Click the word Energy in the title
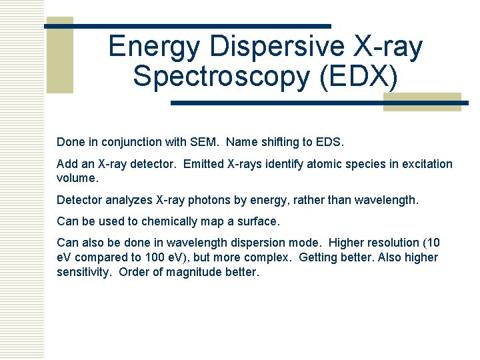click(154, 47)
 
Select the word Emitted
click(206, 164)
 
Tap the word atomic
click(323, 164)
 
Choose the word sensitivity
click(83, 272)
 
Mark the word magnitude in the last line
click(199, 272)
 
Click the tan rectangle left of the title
click(59, 55)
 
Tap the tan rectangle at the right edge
click(421, 101)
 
